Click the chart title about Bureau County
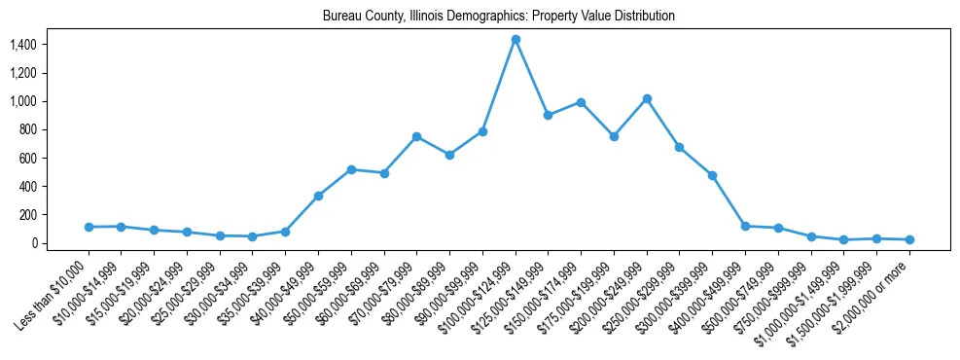coord(499,17)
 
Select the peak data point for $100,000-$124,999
coord(516,39)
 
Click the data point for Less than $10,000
coord(89,227)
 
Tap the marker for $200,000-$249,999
coord(647,98)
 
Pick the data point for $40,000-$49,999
coord(318,196)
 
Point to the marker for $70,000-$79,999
coord(416,136)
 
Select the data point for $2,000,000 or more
coord(909,239)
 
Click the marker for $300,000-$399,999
coord(712,175)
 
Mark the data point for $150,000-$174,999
coord(581,102)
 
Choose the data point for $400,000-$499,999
coord(745,226)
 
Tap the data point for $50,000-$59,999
coord(351,169)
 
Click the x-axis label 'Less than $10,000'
coord(53,291)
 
